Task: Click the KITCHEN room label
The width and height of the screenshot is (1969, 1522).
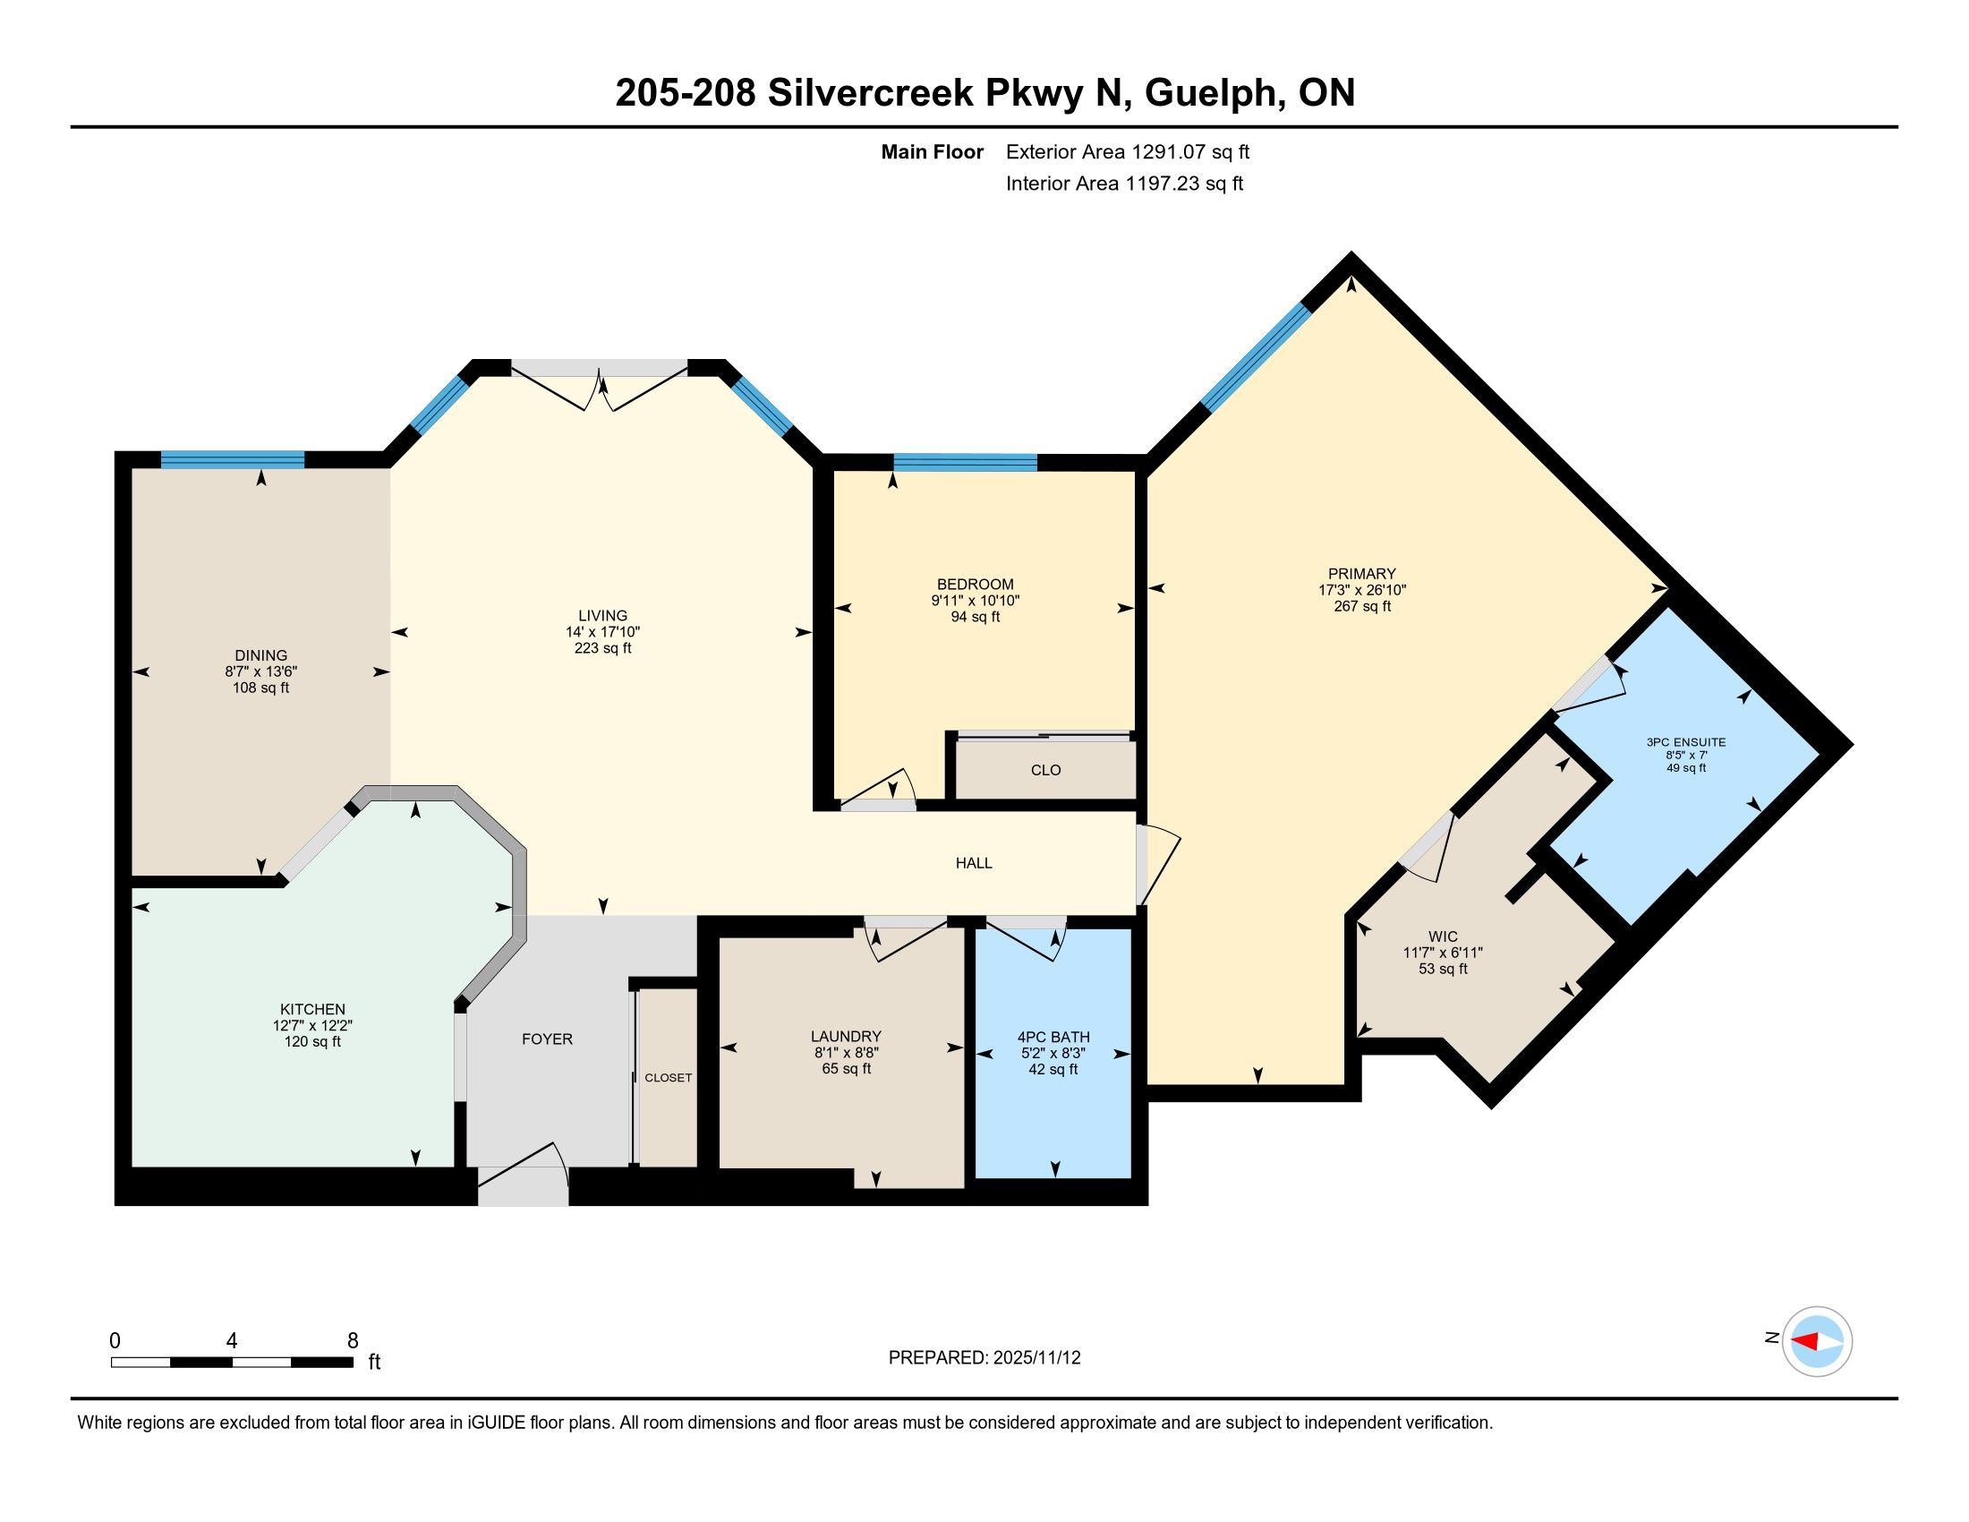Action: pyautogui.click(x=313, y=1009)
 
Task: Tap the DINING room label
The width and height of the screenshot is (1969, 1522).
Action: pyautogui.click(x=261, y=655)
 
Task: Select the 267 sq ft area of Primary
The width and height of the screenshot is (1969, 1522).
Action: pyautogui.click(x=1362, y=606)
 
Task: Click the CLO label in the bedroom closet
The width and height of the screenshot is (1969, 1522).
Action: pyautogui.click(x=1045, y=770)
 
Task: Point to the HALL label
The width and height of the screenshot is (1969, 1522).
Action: pyautogui.click(x=974, y=863)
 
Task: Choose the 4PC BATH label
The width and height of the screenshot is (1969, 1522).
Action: pyautogui.click(x=1053, y=1037)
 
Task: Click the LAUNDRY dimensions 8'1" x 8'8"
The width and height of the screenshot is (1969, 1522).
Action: pyautogui.click(x=846, y=1052)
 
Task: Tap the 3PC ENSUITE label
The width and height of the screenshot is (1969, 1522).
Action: pyautogui.click(x=1686, y=742)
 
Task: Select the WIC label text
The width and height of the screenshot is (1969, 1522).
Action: pyautogui.click(x=1443, y=936)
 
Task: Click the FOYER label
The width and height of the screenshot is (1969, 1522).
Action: pyautogui.click(x=547, y=1039)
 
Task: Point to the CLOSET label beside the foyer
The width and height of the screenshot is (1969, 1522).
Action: pyautogui.click(x=668, y=1077)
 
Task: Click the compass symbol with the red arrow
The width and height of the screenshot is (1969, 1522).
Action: pyautogui.click(x=1818, y=1341)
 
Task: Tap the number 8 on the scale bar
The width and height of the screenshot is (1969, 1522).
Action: pyautogui.click(x=353, y=1340)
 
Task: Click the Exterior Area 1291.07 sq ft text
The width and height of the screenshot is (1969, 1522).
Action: pyautogui.click(x=1128, y=151)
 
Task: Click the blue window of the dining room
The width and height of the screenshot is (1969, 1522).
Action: pyautogui.click(x=233, y=460)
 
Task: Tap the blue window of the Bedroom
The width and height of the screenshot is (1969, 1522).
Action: pyautogui.click(x=966, y=463)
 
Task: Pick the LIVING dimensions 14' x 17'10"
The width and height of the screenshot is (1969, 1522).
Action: pyautogui.click(x=603, y=632)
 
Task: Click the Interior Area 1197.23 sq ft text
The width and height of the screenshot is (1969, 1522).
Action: pyautogui.click(x=1124, y=183)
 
